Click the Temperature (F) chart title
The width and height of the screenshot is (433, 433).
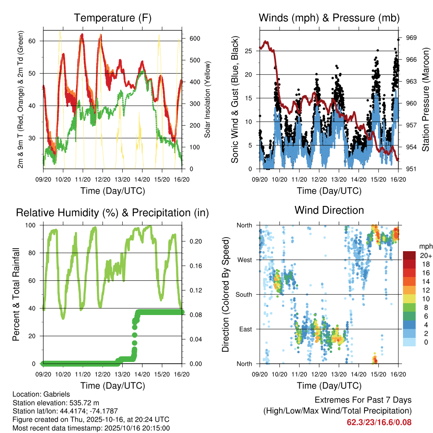[x=112, y=18]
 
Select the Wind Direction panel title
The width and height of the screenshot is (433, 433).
[x=329, y=210]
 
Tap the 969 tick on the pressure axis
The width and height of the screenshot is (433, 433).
[x=411, y=38]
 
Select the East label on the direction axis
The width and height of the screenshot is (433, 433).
[x=245, y=329]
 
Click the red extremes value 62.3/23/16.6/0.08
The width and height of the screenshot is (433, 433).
[x=379, y=422]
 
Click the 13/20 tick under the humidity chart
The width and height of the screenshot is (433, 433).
[x=123, y=374]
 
